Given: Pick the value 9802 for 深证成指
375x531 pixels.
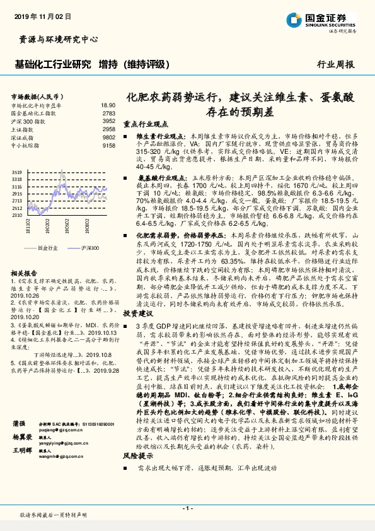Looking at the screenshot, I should [109, 136].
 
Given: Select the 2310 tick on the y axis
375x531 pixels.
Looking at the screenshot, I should [16, 214].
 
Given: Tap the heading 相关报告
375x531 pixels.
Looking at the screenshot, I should [25, 272].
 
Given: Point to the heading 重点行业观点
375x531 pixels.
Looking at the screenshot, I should [146, 125].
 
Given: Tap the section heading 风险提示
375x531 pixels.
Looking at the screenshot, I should [138, 472].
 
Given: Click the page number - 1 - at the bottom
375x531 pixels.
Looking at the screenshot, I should [187, 507].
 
